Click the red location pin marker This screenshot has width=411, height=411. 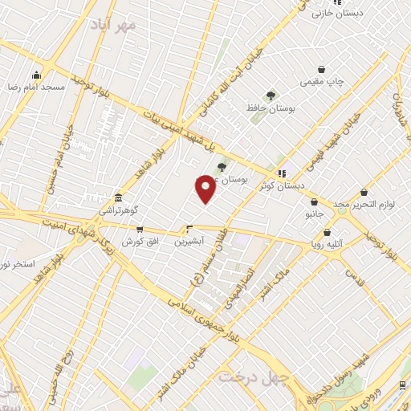205,189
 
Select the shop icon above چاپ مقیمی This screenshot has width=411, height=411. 322,70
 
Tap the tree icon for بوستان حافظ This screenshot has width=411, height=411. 271,96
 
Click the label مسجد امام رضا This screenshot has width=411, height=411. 25,84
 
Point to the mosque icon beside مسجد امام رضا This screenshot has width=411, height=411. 59,84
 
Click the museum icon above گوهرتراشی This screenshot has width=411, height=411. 119,197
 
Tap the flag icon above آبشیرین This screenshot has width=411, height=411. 189,228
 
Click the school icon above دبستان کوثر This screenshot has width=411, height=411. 281,173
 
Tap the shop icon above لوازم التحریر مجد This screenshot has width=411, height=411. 364,193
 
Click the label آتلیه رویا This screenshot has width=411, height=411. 328,243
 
